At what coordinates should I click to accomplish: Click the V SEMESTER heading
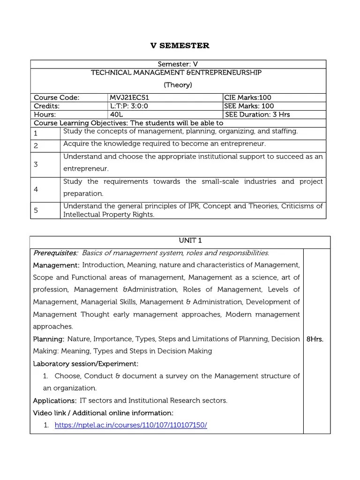pyautogui.click(x=180, y=45)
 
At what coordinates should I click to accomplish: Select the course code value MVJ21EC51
pyautogui.click(x=129, y=97)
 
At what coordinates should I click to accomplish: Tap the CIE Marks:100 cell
pyautogui.click(x=247, y=97)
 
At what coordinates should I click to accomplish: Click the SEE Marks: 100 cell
pyautogui.click(x=249, y=106)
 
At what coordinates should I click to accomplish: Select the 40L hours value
pyautogui.click(x=115, y=114)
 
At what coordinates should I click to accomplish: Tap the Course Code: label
pyautogui.click(x=56, y=97)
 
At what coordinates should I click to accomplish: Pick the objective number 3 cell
pyautogui.click(x=36, y=165)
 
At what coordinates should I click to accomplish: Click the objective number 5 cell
pyautogui.click(x=36, y=210)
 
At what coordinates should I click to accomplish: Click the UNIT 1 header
pyautogui.click(x=180, y=240)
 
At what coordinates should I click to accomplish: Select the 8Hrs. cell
pyautogui.click(x=315, y=339)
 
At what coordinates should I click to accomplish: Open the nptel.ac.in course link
pyautogui.click(x=131, y=425)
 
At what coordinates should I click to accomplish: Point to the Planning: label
pyautogui.click(x=48, y=338)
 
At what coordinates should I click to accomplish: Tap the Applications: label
pyautogui.click(x=54, y=400)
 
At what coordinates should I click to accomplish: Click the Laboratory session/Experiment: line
pyautogui.click(x=85, y=363)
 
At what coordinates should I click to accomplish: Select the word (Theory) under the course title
pyautogui.click(x=178, y=85)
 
